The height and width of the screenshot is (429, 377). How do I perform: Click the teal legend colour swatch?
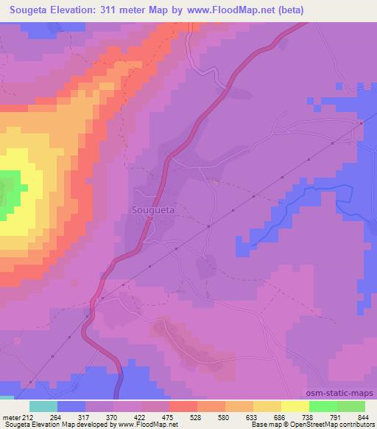click(x=43, y=406)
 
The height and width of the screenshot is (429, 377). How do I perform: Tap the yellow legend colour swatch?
click(x=295, y=406)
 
